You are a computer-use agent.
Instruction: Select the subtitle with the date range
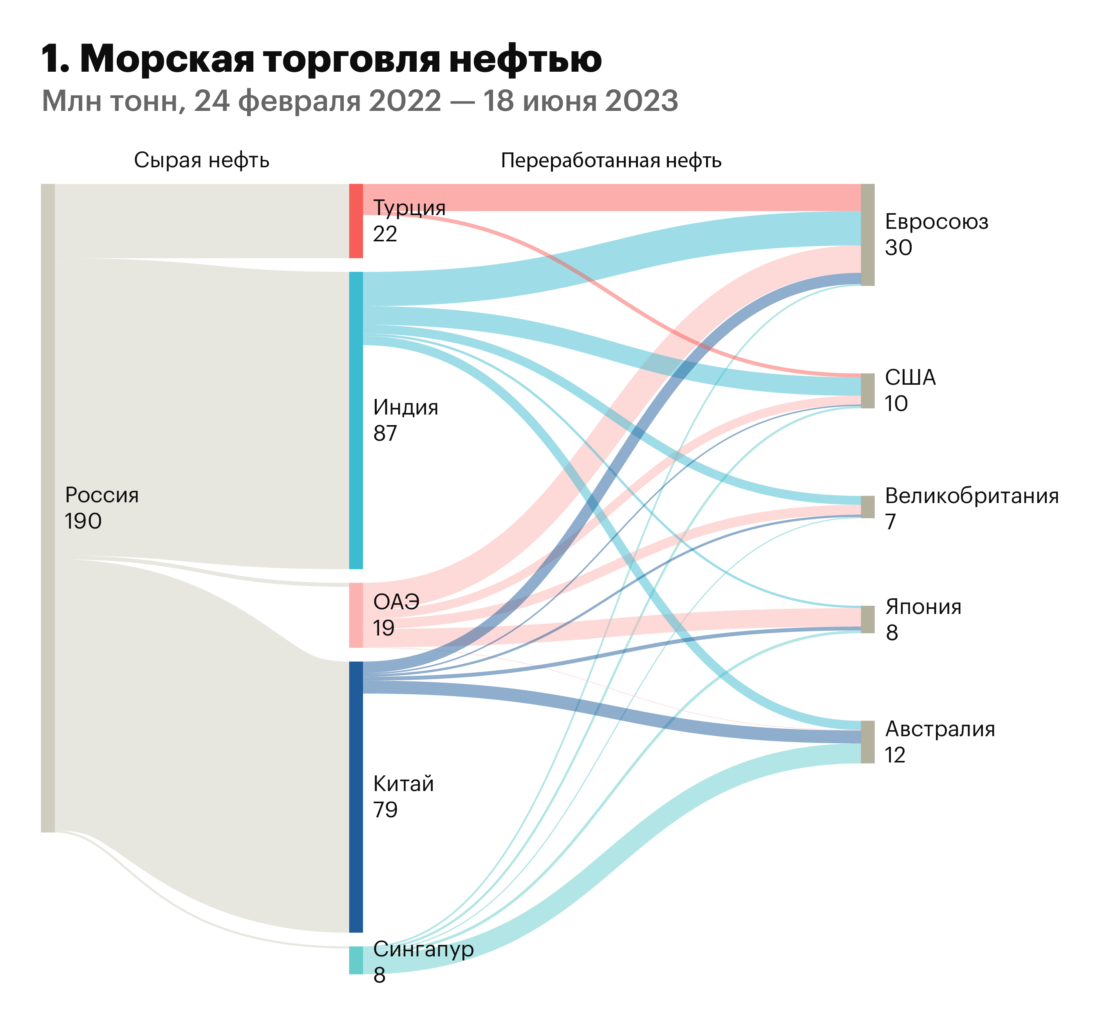(x=359, y=101)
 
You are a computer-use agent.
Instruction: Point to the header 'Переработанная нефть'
(x=611, y=161)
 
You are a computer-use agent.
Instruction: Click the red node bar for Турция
(x=356, y=221)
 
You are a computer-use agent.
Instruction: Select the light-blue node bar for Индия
(x=356, y=420)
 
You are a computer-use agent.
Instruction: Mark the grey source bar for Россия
(x=48, y=507)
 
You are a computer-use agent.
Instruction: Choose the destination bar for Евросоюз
(x=868, y=235)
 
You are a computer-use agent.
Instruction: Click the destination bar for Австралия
(x=868, y=742)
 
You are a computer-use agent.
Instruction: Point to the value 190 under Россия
(x=83, y=521)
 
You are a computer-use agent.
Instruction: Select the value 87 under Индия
(x=385, y=433)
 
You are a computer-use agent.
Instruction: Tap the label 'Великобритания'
(x=972, y=496)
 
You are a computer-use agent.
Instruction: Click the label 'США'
(x=910, y=378)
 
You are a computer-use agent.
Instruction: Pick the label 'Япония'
(x=923, y=607)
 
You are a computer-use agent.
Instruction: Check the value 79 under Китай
(x=385, y=810)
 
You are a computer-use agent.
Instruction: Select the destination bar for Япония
(x=868, y=619)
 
